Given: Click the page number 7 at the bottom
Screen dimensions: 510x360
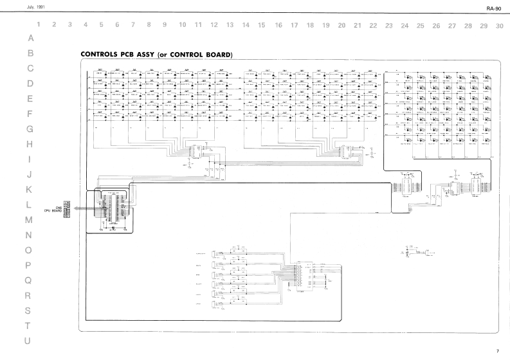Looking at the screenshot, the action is pyautogui.click(x=496, y=351).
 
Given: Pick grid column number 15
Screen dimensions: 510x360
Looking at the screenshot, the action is pyautogui.click(x=261, y=26).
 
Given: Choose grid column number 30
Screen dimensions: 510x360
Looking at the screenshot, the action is pyautogui.click(x=500, y=26).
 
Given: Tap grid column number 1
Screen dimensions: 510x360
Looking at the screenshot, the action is pyautogui.click(x=39, y=26).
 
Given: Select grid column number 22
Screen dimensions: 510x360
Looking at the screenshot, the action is pyautogui.click(x=373, y=26).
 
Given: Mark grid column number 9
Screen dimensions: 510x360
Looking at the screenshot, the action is pyautogui.click(x=165, y=26).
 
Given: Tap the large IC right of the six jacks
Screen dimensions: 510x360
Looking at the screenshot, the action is pyautogui.click(x=303, y=276).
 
